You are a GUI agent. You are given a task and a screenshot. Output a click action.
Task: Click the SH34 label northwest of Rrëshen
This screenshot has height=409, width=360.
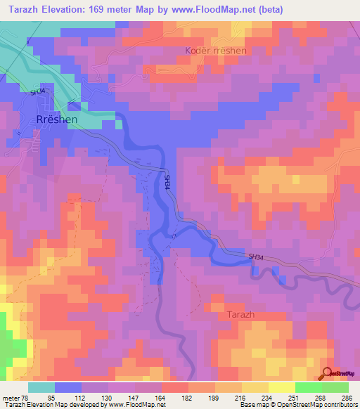[x=37, y=90]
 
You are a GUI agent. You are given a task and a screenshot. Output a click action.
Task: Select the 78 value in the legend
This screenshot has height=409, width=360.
[x=26, y=397]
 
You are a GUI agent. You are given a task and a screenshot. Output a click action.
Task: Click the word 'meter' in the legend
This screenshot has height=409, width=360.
[x=11, y=397]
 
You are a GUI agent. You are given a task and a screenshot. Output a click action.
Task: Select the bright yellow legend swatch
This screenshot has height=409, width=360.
[x=281, y=387]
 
